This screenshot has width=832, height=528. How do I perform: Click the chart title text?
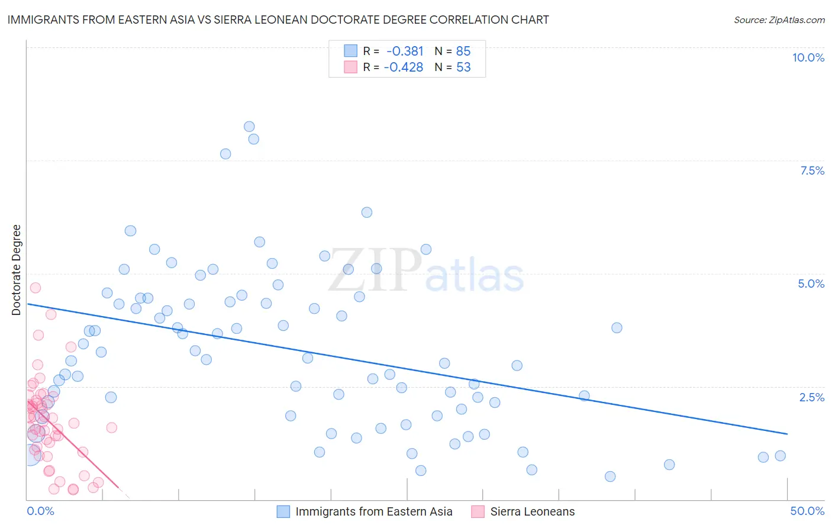pos(278,20)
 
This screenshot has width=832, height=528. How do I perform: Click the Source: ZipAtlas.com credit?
pos(779,20)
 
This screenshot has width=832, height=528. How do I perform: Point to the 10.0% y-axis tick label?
pos(808,57)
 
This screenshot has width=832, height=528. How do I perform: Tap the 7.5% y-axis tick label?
pos(812,170)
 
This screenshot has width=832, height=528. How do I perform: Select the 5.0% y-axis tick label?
pos(811,284)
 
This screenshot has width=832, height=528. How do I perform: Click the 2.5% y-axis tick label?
pos(812,397)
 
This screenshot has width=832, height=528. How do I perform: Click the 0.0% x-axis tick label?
pos(40,511)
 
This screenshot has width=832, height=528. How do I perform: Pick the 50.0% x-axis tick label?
pos(807,511)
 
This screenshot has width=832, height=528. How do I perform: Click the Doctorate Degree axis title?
pos(17,270)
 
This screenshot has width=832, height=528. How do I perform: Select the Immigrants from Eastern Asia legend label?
pos(373,511)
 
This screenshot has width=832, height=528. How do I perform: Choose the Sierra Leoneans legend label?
pos(532,511)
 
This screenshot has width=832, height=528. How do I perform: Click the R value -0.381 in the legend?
pos(405,51)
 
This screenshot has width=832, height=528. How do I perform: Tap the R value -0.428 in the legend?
pos(404,67)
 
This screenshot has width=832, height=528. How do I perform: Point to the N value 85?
pos(463,51)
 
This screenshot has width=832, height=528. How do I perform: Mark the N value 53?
pos(463,67)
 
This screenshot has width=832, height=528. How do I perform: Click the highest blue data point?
pos(249,127)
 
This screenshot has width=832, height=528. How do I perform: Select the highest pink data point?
pos(36,288)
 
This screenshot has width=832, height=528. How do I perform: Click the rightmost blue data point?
pos(780,456)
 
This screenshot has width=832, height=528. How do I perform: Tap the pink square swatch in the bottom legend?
pos(478,511)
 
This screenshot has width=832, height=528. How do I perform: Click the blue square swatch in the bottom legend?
pos(283,511)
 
